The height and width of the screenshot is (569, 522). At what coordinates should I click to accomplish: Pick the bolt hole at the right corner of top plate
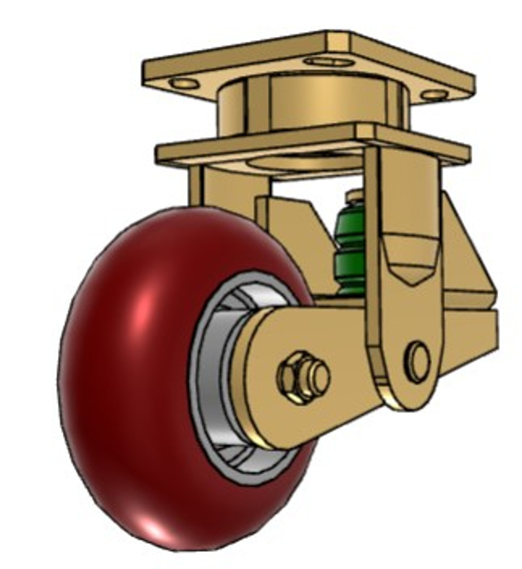click(434, 94)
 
